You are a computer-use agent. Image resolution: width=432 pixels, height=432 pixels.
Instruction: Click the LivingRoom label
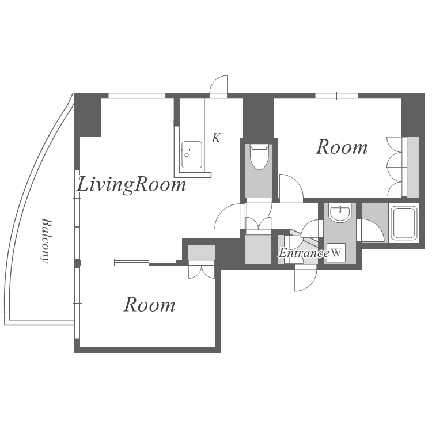point(131,185)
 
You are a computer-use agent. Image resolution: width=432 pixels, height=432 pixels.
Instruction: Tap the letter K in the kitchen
point(216,138)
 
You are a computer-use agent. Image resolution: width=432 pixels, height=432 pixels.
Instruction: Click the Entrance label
point(304,253)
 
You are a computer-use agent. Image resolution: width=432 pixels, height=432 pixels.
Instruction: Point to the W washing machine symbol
point(336,252)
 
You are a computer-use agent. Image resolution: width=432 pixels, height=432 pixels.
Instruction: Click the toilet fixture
point(259,157)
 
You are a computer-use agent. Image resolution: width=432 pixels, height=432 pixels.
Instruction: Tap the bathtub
point(404,223)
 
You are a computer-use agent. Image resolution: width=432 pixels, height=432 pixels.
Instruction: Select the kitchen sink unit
point(192,155)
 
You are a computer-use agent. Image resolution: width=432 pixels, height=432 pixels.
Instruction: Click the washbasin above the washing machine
point(340,213)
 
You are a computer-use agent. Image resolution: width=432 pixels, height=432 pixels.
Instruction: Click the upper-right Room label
point(342,147)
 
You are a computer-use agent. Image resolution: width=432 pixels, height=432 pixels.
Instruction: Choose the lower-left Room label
point(149,305)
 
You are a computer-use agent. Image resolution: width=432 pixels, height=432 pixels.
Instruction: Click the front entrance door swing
point(305,278)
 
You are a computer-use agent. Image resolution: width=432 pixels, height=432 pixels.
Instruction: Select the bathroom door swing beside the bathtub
point(370,230)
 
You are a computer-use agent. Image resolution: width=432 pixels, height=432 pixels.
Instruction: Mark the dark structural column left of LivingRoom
point(88,115)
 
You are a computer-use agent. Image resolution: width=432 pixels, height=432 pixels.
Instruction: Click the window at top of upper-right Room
point(336,96)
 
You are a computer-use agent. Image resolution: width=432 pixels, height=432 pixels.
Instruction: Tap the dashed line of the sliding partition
point(162,260)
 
